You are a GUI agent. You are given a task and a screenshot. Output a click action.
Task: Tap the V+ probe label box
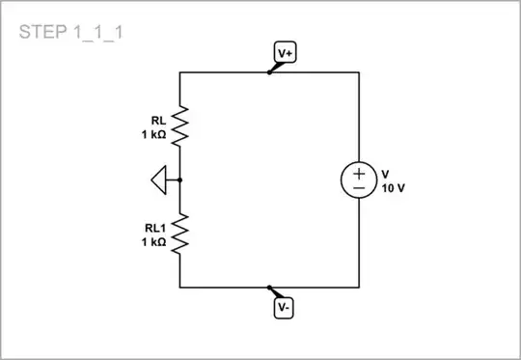tap(285, 54)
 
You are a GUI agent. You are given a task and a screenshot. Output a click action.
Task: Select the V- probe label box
tap(284, 308)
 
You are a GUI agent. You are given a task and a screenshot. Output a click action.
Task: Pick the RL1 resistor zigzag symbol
tap(180, 235)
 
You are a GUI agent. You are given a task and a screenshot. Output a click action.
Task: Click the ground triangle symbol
tap(160, 180)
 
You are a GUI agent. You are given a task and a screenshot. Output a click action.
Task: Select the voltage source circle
tap(359, 180)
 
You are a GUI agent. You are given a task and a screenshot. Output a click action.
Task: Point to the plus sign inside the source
tap(359, 173)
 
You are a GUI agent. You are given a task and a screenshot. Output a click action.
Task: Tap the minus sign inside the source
tap(359, 189)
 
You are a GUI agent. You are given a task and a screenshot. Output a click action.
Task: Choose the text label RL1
tap(155, 229)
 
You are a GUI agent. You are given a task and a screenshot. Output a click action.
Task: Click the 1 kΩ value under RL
tap(153, 135)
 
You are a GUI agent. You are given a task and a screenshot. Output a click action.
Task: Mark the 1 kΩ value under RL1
tap(153, 241)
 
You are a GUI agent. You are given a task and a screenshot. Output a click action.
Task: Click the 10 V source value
tap(394, 188)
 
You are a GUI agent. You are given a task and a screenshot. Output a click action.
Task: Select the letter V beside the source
tap(385, 175)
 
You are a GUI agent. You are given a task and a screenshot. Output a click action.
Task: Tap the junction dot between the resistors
tap(180, 180)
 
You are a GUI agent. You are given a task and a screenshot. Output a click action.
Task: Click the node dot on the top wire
tap(269, 72)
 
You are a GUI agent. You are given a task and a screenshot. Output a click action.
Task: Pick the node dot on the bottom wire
tap(269, 288)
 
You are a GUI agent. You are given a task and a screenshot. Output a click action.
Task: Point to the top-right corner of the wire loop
tap(359, 72)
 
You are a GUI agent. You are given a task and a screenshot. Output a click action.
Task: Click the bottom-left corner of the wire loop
tap(180, 288)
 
